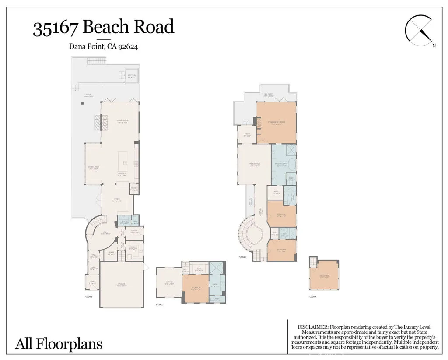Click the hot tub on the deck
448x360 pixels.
[x=132, y=77]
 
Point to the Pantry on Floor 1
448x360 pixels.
[x=134, y=190]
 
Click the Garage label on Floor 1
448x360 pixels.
[x=121, y=284]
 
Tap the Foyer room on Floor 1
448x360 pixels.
[x=92, y=282]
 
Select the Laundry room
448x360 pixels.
[x=133, y=248]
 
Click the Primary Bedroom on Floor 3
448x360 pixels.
[x=277, y=123]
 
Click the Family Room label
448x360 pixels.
[x=255, y=165]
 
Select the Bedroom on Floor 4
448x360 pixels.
[x=324, y=275]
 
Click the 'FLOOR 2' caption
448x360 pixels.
[x=159, y=304]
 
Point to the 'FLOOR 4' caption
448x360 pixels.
[x=312, y=297]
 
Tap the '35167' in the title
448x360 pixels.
[x=56, y=28]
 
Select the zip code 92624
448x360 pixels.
[x=128, y=47]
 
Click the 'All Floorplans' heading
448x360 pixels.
[x=59, y=343]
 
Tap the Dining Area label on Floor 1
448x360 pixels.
[x=92, y=167]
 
